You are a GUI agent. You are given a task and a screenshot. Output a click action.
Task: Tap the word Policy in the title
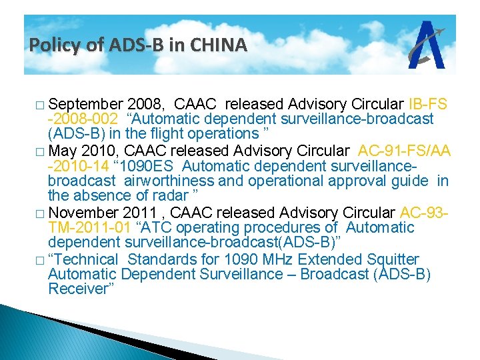point(51,45)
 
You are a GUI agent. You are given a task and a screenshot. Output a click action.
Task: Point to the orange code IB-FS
point(427,105)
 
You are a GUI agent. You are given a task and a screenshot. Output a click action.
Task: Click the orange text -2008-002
point(83,119)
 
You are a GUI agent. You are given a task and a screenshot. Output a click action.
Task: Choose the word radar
point(171,196)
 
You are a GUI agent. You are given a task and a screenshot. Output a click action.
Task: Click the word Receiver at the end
point(77,289)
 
